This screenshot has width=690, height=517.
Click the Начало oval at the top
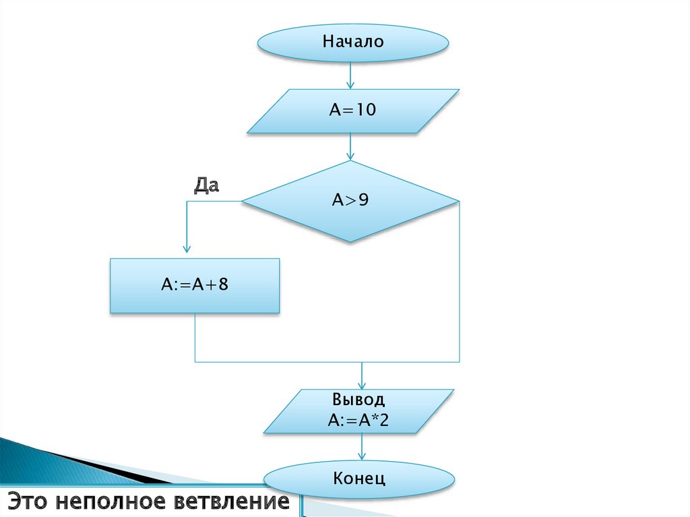point(352,42)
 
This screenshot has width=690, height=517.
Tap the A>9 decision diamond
point(350,201)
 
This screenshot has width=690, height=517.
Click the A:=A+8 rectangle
point(195,286)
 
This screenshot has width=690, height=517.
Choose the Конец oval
point(359,479)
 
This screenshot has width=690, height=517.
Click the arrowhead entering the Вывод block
point(363,385)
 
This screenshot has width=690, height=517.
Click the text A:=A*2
point(358,421)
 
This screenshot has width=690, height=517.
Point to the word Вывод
point(358,400)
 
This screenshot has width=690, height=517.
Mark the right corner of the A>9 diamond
point(458,201)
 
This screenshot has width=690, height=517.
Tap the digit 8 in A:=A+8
point(224,286)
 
